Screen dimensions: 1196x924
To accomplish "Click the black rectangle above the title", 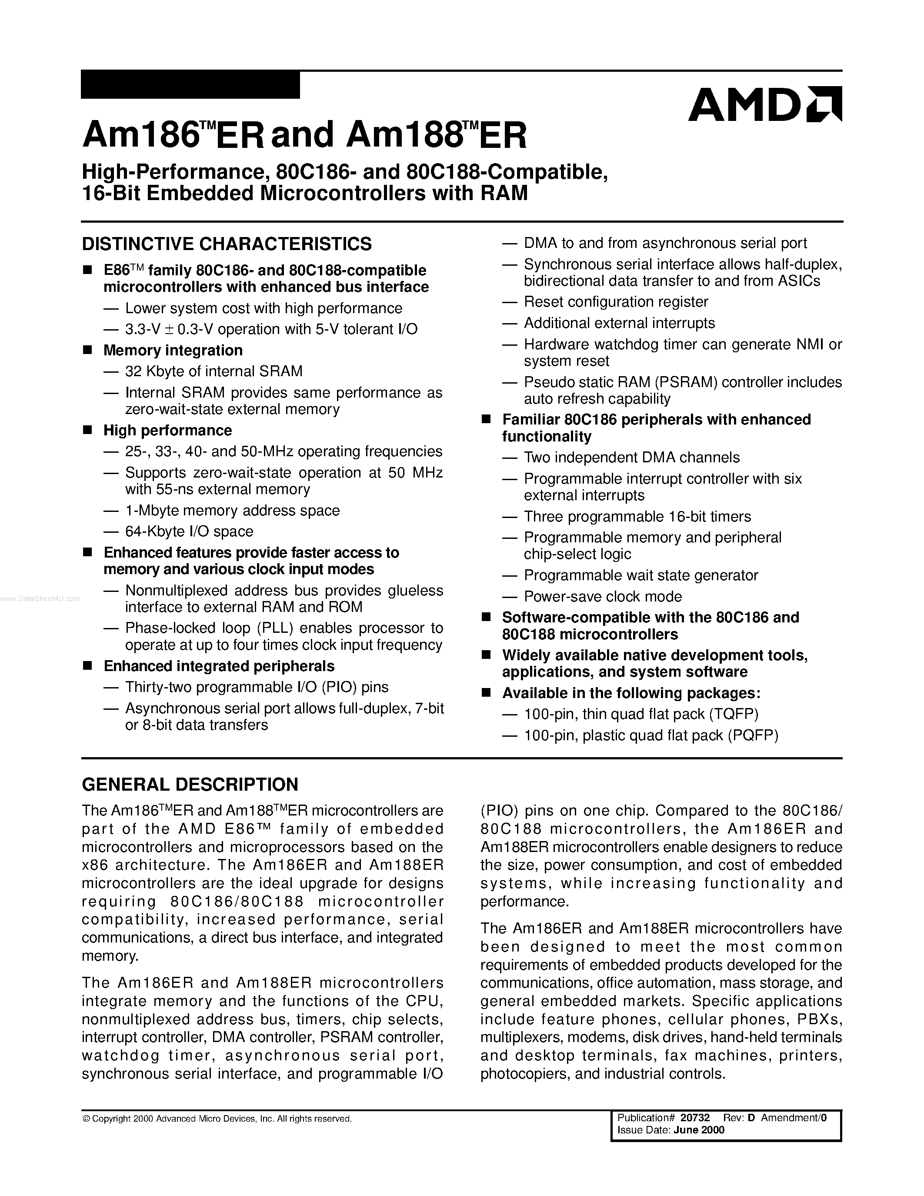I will click(x=190, y=85).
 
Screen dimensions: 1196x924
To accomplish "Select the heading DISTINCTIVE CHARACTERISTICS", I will click(x=227, y=244).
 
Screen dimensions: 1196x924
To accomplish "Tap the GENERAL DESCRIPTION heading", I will click(x=190, y=784).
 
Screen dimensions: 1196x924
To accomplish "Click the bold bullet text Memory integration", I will click(x=173, y=351).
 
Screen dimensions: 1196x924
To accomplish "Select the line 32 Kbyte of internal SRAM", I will click(x=213, y=371).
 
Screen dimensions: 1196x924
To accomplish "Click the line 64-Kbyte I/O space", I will click(x=189, y=531).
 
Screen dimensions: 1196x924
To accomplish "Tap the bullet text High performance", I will click(x=167, y=431).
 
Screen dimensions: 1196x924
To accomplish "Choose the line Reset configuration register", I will click(x=616, y=302).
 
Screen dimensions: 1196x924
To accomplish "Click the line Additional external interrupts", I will click(x=619, y=323).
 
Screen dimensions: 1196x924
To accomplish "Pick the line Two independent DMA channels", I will click(x=632, y=457).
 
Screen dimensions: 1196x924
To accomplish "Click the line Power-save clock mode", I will click(x=603, y=596).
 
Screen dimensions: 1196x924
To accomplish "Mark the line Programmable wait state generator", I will click(x=640, y=575).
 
